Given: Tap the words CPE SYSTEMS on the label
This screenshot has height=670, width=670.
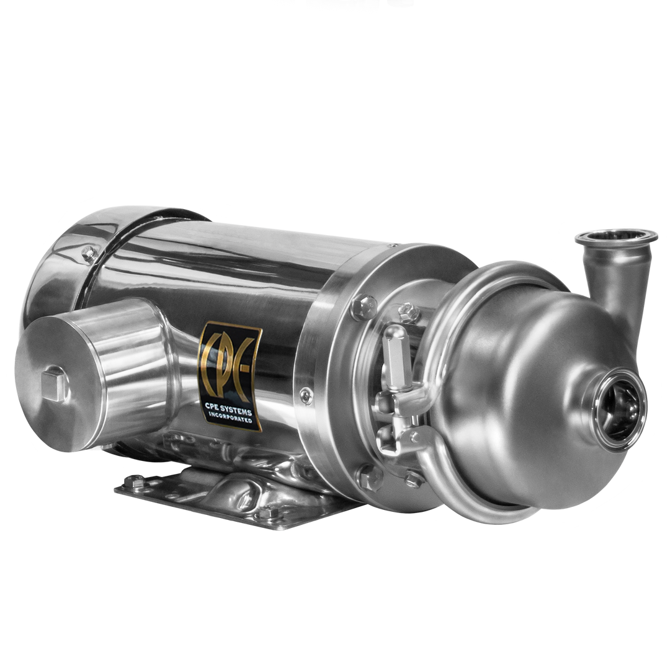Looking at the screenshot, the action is click(229, 410).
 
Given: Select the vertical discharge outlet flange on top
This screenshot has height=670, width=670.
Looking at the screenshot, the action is click(616, 238).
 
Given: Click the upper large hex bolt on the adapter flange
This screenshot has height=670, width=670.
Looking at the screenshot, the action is click(364, 307).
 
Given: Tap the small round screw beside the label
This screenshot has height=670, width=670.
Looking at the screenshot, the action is click(306, 396).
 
